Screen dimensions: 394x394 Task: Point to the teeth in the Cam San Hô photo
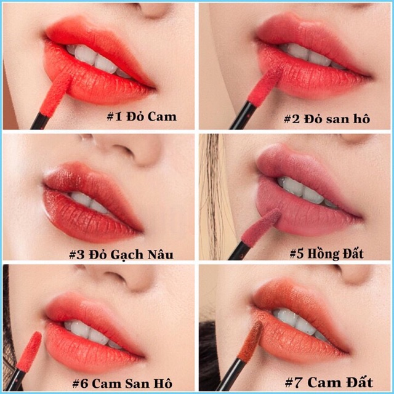92,333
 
